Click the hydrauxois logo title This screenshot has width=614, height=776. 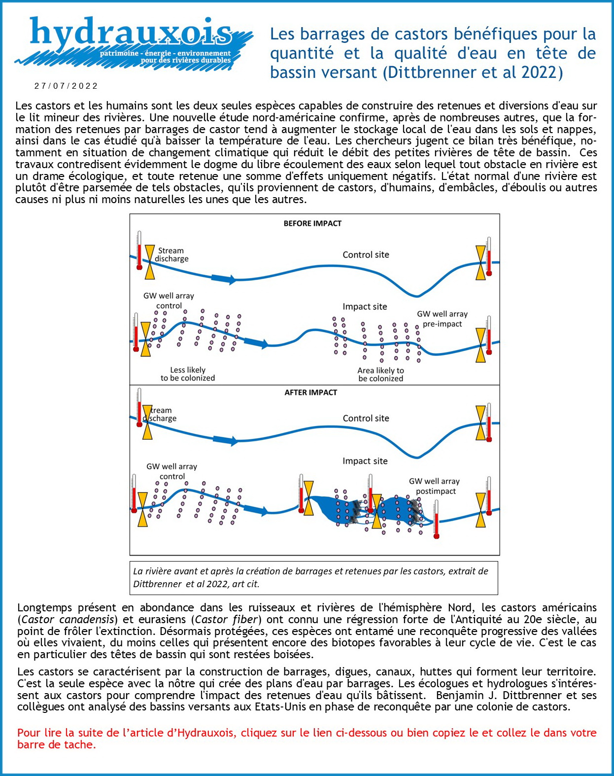coord(131,33)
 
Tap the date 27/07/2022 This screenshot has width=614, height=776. coord(66,86)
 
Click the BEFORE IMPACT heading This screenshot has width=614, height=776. coord(312,223)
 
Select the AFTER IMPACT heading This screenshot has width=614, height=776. coord(310,392)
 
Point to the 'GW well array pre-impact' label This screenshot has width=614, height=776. coord(442,319)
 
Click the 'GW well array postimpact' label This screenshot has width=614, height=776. coord(434,486)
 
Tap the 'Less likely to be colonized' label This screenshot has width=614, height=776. coord(188,374)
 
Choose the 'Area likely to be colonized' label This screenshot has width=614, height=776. coord(380,374)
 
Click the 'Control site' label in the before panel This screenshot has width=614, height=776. coord(366,255)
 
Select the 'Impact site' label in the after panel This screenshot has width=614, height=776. coord(365,461)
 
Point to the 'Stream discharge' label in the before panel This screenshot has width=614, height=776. coord(171,254)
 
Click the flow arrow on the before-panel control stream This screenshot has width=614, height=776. coord(224,279)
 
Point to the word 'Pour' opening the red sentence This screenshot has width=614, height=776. coord(29,733)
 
